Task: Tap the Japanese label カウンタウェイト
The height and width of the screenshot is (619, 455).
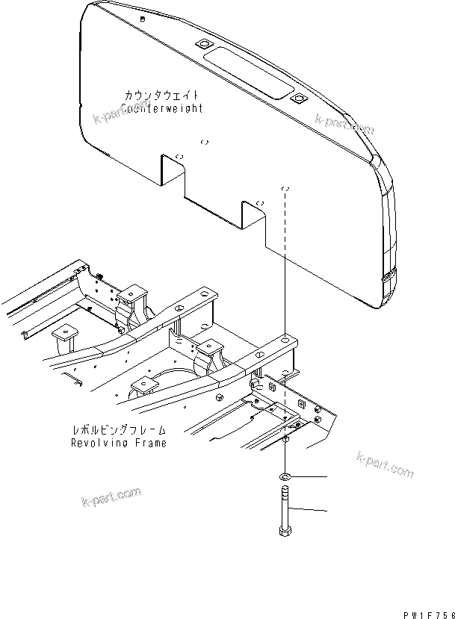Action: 162,96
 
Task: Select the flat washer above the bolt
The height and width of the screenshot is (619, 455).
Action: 285,476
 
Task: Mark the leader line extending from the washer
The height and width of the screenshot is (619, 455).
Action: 310,476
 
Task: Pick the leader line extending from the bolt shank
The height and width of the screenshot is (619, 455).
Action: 310,511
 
